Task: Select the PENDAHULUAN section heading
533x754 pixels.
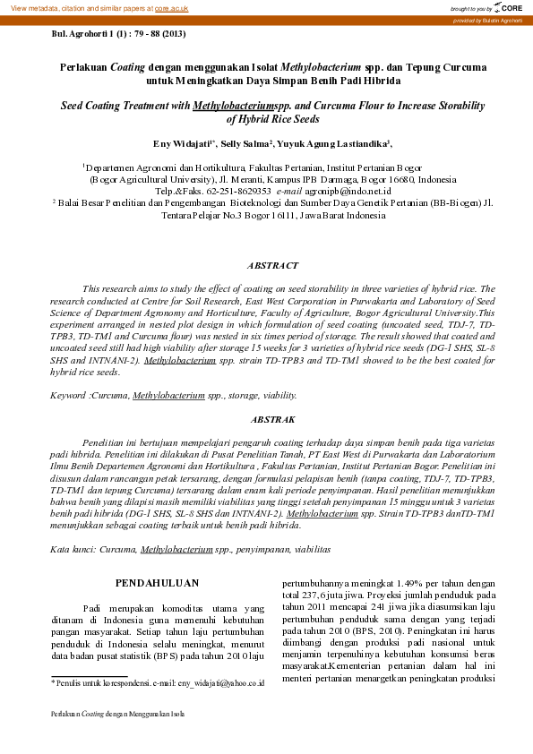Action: click(x=157, y=584)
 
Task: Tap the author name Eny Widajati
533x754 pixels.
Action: click(x=183, y=143)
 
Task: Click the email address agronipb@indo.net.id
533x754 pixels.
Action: click(x=350, y=192)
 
